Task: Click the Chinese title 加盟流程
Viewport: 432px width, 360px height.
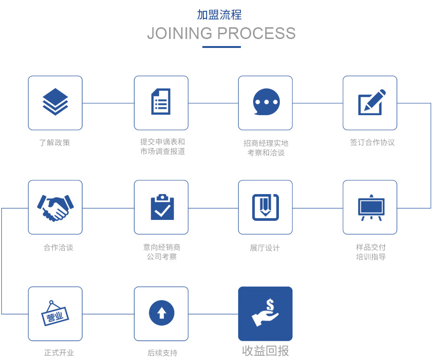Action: [219, 15]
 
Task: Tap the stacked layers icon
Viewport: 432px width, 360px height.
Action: [55, 102]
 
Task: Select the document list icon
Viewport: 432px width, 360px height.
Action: [161, 102]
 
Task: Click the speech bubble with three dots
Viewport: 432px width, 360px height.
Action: [266, 102]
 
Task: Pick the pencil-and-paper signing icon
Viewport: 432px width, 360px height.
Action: [371, 102]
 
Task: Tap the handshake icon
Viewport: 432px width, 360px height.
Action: [55, 207]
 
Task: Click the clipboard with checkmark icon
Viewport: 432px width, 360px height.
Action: [162, 207]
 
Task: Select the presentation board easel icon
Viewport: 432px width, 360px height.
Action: [371, 207]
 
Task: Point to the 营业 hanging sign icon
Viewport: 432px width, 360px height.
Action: [55, 313]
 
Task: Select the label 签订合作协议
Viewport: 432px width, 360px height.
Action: [372, 142]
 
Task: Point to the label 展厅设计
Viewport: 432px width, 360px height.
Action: [265, 248]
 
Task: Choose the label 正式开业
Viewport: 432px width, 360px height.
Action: [59, 353]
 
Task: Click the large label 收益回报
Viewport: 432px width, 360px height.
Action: [265, 351]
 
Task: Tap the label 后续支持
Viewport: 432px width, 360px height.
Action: [162, 353]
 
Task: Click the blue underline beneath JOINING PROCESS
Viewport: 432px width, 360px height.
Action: [222, 47]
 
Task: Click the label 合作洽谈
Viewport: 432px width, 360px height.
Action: [58, 248]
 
